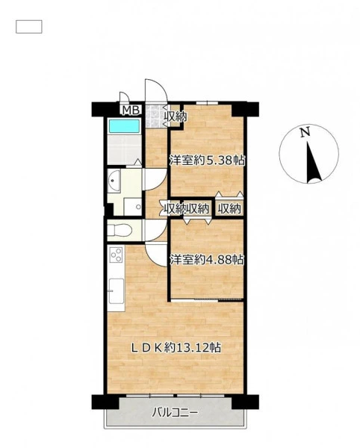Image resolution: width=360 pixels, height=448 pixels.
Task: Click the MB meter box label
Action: tap(131, 110)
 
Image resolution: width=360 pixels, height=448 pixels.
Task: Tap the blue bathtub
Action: tap(124, 126)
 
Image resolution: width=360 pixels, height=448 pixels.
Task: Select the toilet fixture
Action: tap(120, 230)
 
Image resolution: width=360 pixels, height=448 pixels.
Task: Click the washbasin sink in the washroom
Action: tap(114, 181)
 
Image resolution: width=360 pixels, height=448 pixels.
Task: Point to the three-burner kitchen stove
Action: tap(117, 255)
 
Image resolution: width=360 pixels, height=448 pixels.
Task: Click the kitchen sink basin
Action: tap(117, 291)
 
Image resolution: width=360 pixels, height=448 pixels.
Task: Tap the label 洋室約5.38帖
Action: tap(208, 161)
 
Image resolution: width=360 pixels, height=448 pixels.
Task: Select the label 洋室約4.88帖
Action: tap(207, 260)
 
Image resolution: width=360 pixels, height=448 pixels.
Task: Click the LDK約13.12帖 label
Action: tap(176, 348)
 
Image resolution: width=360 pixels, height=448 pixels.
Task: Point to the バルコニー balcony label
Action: tap(175, 412)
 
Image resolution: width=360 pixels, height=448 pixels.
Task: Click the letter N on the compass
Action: tap(305, 132)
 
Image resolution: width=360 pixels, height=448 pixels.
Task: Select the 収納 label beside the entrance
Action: tap(176, 116)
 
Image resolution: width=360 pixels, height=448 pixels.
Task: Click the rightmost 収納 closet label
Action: tap(229, 209)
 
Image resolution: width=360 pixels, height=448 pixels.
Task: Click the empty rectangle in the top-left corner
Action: tap(29, 27)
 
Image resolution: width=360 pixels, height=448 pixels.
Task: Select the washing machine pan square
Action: tap(133, 207)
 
